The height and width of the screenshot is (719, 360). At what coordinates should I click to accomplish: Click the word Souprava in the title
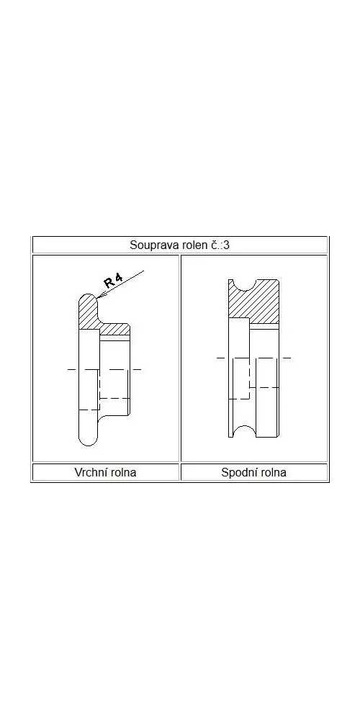150,245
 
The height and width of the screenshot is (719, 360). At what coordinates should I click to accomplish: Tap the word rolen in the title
184,245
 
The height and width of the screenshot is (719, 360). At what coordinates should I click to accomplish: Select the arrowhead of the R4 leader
99,297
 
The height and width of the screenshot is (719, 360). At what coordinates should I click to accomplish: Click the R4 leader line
121,284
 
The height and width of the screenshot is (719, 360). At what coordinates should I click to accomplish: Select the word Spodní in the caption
237,472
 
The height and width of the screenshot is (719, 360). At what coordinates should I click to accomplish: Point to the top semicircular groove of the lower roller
243,288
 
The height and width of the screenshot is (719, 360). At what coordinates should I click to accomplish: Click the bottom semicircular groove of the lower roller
243,428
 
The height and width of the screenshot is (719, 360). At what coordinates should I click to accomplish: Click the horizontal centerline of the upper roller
104,369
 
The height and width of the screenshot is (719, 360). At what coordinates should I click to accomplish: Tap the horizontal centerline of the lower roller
253,358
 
